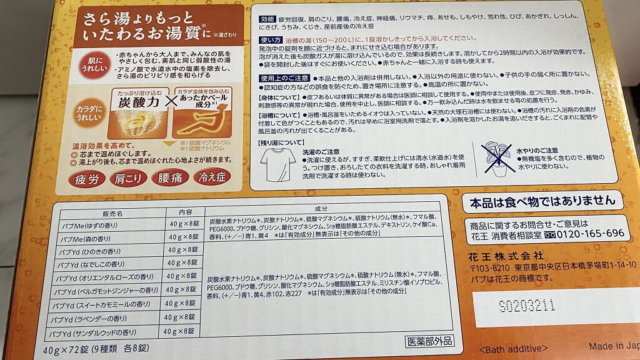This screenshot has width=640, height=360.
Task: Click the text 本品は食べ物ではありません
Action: click(542, 201)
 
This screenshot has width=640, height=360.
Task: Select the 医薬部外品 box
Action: click(429, 342)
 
